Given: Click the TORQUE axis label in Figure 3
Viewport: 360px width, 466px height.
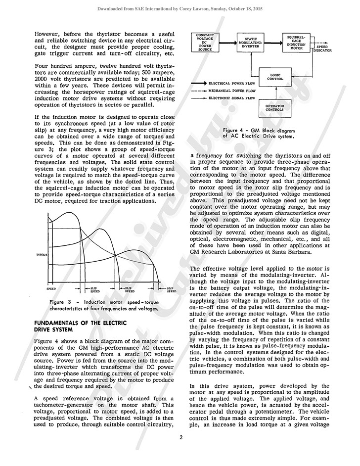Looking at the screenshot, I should pyautogui.click(x=42, y=254).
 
